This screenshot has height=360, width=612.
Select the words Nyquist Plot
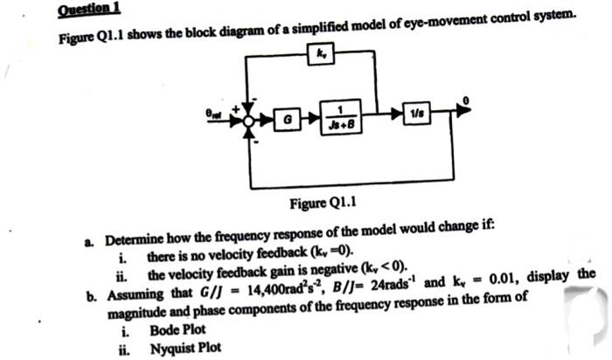(x=185, y=348)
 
